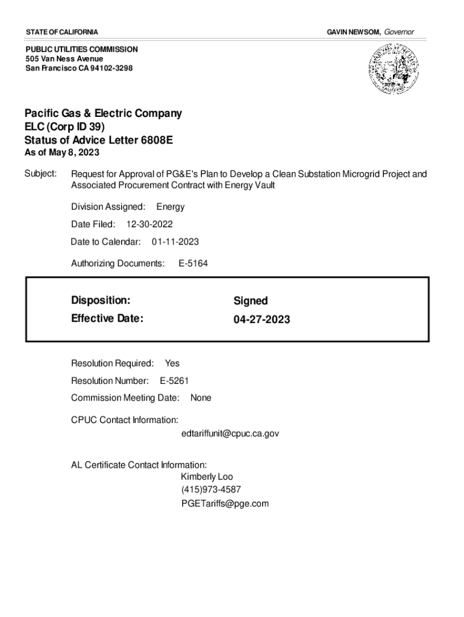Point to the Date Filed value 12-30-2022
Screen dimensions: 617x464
pyautogui.click(x=149, y=224)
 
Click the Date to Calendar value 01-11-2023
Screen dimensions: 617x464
pyautogui.click(x=175, y=242)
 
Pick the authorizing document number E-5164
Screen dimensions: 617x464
pyautogui.click(x=193, y=263)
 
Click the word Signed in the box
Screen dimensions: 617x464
pyautogui.click(x=251, y=301)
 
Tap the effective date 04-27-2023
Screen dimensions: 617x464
pyautogui.click(x=262, y=319)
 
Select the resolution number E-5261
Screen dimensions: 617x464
pyautogui.click(x=175, y=380)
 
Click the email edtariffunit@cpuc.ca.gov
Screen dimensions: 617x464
pyautogui.click(x=230, y=433)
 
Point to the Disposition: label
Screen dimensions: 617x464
pyautogui.click(x=101, y=300)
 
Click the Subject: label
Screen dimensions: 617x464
pyautogui.click(x=40, y=174)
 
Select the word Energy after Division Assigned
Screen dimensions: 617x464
pyautogui.click(x=171, y=207)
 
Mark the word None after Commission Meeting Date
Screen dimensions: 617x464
pyautogui.click(x=201, y=398)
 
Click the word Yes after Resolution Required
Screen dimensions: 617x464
pyautogui.click(x=172, y=363)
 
